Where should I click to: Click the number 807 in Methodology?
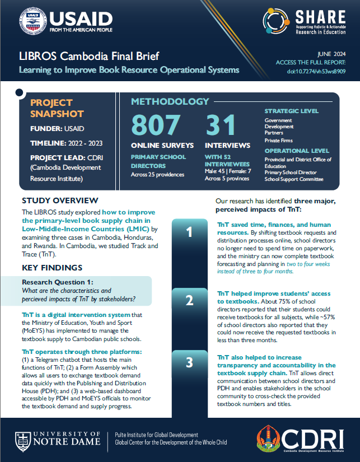(156, 125)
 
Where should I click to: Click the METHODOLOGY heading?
(170, 101)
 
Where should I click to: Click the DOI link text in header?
(317, 72)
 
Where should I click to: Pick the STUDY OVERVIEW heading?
(60, 200)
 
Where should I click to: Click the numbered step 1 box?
(189, 232)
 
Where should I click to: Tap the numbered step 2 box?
(189, 301)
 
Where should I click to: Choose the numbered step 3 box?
(189, 362)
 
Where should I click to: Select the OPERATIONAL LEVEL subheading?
(297, 151)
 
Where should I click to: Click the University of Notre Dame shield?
(23, 441)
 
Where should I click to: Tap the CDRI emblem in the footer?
(272, 441)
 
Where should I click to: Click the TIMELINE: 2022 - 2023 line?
(67, 143)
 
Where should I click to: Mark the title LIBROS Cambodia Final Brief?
(89, 57)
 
